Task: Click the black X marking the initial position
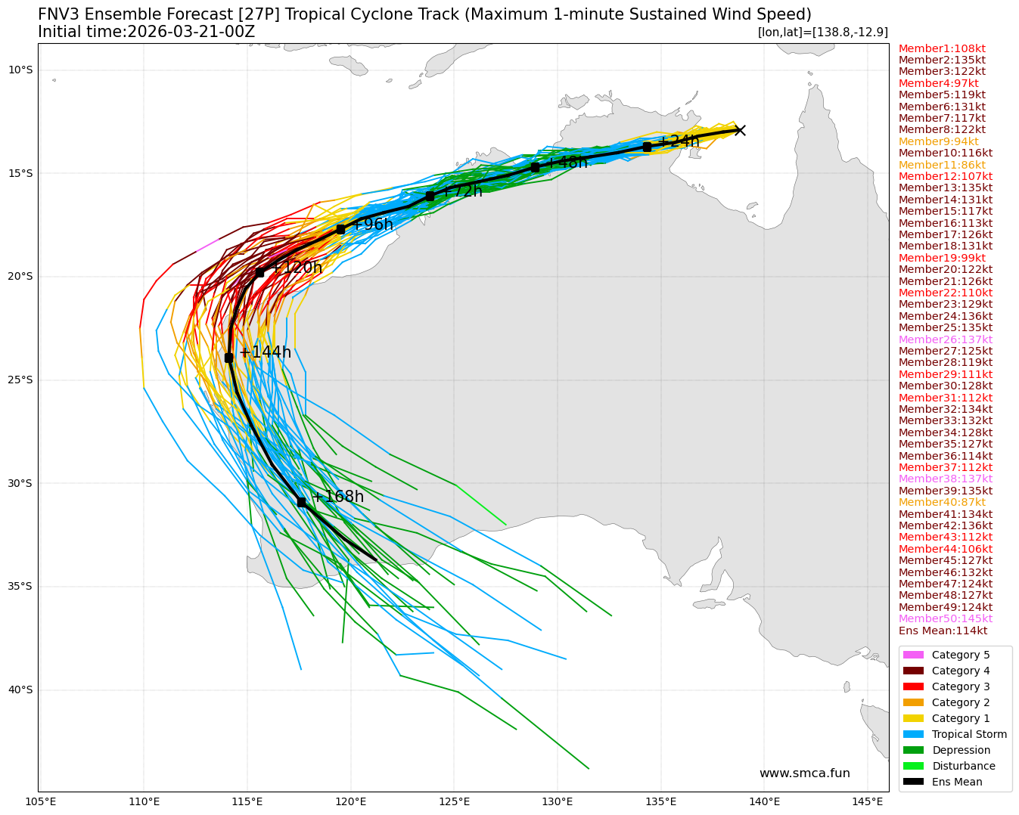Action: [x=740, y=130]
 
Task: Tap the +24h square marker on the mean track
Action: [x=647, y=147]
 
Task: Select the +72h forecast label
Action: [x=462, y=191]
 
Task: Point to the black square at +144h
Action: [x=228, y=358]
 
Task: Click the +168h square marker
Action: [x=301, y=502]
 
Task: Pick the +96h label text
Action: [x=373, y=225]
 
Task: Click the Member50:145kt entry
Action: [x=945, y=618]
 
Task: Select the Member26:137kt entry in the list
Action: [x=945, y=339]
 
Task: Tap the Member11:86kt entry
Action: [x=942, y=165]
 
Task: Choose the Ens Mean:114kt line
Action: [x=943, y=631]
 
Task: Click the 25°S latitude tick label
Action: [x=20, y=380]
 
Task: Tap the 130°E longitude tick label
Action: [x=558, y=801]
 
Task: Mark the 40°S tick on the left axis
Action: [x=20, y=689]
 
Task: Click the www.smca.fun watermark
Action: [x=804, y=773]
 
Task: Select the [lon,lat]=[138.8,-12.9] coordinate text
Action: [x=822, y=32]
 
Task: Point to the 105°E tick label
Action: [x=41, y=801]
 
